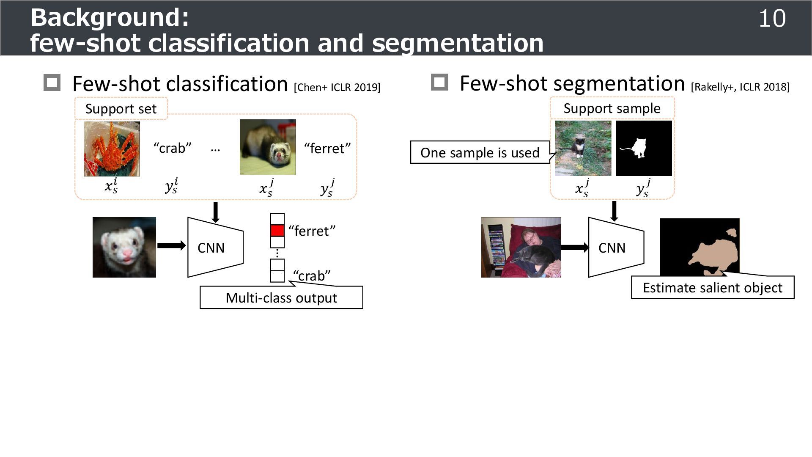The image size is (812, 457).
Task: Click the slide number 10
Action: click(x=772, y=19)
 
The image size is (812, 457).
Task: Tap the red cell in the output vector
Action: click(x=277, y=231)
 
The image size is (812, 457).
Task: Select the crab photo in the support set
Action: click(x=112, y=149)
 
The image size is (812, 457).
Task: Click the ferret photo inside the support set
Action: click(x=268, y=147)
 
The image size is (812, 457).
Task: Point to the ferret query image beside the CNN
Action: click(x=124, y=248)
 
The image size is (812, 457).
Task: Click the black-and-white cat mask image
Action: click(x=644, y=148)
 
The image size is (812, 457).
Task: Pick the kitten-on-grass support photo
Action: click(x=583, y=148)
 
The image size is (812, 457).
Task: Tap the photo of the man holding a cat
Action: click(x=521, y=248)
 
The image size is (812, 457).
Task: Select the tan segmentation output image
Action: click(x=700, y=248)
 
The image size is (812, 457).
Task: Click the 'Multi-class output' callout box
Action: click(x=281, y=298)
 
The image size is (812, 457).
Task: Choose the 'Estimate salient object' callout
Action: click(x=713, y=288)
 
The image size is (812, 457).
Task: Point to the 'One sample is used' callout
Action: click(x=480, y=152)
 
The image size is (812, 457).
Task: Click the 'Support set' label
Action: click(x=121, y=109)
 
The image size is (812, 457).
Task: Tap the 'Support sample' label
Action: click(x=612, y=108)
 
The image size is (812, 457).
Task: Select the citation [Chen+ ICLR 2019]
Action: click(x=337, y=88)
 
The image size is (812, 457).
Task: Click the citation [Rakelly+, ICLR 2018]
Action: click(x=740, y=87)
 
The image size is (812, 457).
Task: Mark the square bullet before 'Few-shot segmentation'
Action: click(x=439, y=82)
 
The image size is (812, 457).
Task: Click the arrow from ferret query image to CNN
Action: click(x=171, y=245)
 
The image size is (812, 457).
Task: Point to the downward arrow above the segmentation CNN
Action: click(x=614, y=211)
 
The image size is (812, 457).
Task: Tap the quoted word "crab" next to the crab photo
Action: click(x=172, y=148)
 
